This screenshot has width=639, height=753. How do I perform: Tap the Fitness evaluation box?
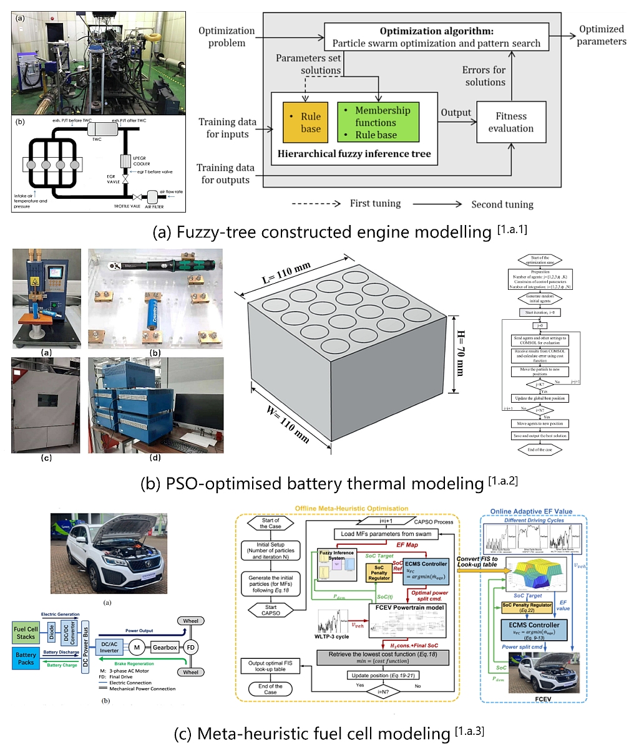[x=510, y=122]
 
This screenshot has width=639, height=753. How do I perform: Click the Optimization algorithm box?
[x=436, y=37]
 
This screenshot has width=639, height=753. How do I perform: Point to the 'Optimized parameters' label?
[x=601, y=36]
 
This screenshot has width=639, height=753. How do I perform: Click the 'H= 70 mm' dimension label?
[x=461, y=353]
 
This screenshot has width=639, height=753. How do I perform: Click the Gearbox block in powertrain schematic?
[x=165, y=648]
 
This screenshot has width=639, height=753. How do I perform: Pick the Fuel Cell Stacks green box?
[x=26, y=633]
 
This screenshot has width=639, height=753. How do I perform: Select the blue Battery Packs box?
[x=26, y=658]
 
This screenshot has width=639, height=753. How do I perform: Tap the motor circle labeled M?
[x=137, y=648]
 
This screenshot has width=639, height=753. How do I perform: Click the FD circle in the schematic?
[x=191, y=648]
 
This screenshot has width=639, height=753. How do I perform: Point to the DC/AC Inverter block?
[x=109, y=648]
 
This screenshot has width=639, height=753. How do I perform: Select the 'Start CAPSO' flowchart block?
[x=270, y=610]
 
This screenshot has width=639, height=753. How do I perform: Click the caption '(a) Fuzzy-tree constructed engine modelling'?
[x=340, y=232]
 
